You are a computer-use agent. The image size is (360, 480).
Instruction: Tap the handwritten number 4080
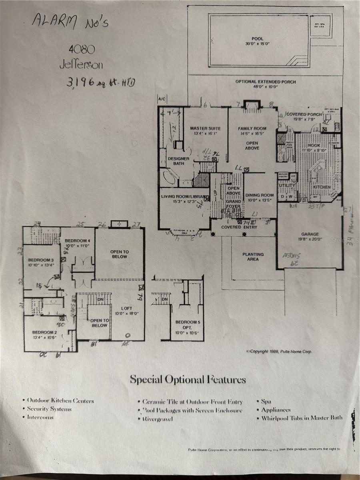tap(81, 50)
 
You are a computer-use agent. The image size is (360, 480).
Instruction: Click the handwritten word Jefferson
tap(78, 64)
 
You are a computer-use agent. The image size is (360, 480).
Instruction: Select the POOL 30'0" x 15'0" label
tap(258, 41)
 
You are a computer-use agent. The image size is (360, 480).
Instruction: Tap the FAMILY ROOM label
tap(252, 131)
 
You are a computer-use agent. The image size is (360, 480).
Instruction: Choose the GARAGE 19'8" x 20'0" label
tap(310, 236)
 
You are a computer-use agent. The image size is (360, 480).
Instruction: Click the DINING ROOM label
tap(260, 197)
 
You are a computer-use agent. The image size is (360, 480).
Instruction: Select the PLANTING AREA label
tap(253, 256)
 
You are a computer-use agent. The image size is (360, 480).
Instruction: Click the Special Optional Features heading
tap(188, 380)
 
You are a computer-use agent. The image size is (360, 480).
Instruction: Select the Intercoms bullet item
tap(40, 417)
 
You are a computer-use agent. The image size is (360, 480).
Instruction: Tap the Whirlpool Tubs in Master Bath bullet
tap(302, 418)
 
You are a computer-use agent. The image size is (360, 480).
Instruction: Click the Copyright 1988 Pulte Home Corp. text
tap(279, 352)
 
